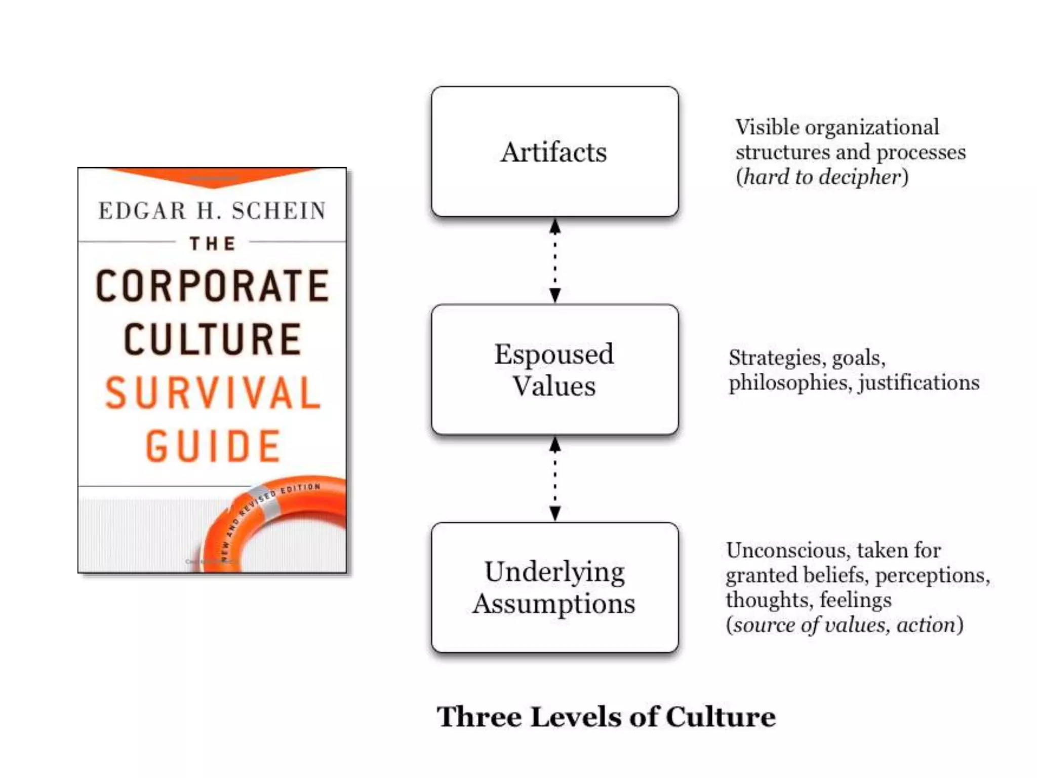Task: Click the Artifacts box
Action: (x=554, y=151)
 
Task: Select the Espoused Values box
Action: (x=554, y=369)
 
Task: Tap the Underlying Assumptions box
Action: (x=554, y=587)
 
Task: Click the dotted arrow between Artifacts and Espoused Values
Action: (x=555, y=260)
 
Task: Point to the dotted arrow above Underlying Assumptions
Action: (x=555, y=479)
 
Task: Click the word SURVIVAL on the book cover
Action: (x=213, y=393)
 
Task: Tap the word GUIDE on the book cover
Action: (x=213, y=446)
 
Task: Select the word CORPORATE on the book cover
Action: (x=213, y=286)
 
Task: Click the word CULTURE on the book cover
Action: (x=213, y=339)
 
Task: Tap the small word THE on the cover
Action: (x=213, y=244)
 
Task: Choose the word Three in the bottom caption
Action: (x=479, y=717)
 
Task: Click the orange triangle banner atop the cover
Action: (x=213, y=176)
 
